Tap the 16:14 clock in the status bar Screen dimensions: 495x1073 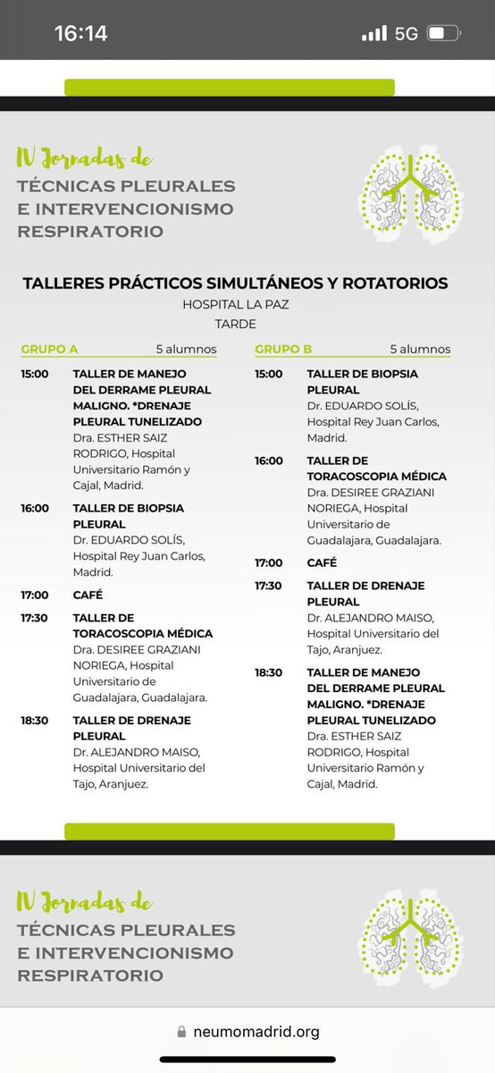(80, 34)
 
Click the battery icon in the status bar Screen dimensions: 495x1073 (444, 34)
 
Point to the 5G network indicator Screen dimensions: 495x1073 (406, 34)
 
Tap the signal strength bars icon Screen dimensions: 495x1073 (374, 34)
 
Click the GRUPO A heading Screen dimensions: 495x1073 (49, 349)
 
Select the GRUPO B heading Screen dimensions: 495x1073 (283, 349)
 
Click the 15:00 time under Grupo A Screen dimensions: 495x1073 (35, 374)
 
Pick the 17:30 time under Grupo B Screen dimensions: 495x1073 (268, 586)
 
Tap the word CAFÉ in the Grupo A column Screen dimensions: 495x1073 (88, 595)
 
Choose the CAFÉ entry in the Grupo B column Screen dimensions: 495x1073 (322, 562)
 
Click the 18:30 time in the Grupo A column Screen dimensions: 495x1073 (35, 721)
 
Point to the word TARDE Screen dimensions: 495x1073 (235, 324)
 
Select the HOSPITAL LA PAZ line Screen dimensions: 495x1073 (236, 305)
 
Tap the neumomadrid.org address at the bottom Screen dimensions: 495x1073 (256, 1032)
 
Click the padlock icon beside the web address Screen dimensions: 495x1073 (182, 1032)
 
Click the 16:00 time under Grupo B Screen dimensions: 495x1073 (268, 460)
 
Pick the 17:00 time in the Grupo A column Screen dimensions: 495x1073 (35, 595)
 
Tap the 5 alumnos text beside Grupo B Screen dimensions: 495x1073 (420, 349)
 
